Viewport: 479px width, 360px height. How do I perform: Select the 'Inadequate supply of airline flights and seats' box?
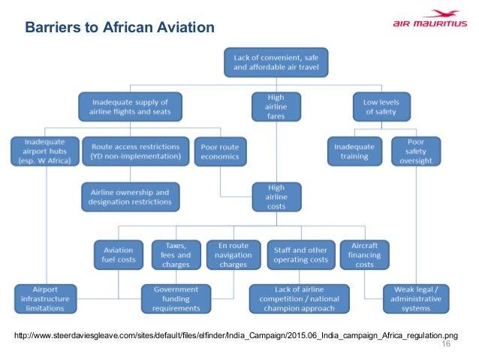coord(131,107)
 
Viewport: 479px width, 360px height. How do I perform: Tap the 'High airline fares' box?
coord(276,107)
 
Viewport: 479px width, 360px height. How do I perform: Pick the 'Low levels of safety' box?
coord(381,107)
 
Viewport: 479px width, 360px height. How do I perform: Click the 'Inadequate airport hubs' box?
coord(45,152)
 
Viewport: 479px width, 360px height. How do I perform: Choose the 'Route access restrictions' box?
coord(136,152)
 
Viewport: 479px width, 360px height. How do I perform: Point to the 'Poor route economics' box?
coord(220,152)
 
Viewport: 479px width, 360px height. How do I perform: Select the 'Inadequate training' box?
coord(354,152)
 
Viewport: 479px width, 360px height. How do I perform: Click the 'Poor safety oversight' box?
coord(416,152)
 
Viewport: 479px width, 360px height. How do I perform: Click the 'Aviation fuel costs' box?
coord(118,254)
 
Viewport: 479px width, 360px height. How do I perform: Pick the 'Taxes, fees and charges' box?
coord(175,254)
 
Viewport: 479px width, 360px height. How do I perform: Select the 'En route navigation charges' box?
coord(233,254)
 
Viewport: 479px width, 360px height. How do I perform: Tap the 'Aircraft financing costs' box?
coord(365,254)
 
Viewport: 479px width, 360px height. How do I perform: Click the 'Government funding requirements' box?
coord(176,298)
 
